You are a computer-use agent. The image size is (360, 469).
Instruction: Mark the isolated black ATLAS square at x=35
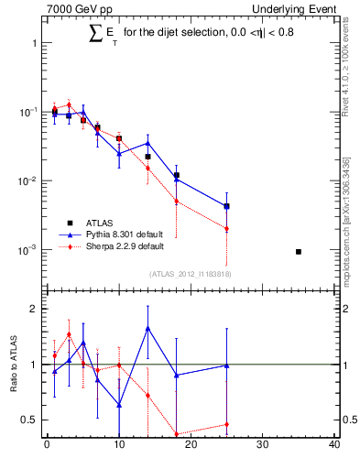299,251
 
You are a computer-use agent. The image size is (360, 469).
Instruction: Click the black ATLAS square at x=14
147,157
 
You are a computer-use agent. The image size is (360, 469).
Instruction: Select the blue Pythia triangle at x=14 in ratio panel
147,328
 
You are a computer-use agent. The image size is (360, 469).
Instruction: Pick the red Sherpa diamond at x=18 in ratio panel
177,434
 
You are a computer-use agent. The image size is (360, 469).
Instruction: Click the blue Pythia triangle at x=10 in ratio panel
119,404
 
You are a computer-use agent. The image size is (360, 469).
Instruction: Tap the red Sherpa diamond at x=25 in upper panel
226,229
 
